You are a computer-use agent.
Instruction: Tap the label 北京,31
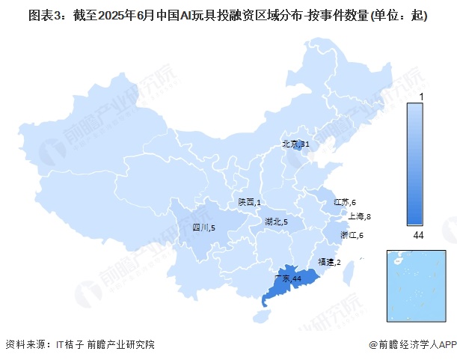pos(295,144)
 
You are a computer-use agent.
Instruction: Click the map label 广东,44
pos(288,278)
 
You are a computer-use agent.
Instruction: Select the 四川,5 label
pos(203,227)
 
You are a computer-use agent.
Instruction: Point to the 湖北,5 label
pos(276,222)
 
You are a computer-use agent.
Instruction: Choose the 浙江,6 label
pos(352,236)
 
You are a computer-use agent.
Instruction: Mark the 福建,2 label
pos(329,263)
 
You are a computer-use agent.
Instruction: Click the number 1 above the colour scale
pos(422,97)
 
